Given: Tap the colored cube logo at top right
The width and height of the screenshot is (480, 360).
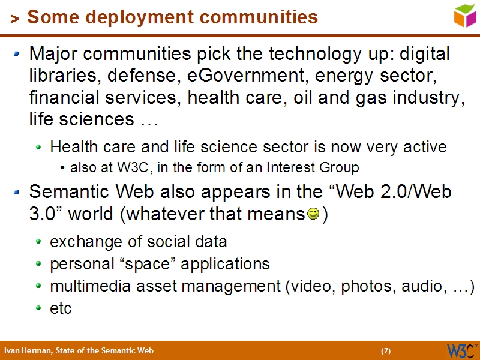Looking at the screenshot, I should tap(464, 15).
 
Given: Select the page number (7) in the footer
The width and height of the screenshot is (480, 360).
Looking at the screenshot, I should tap(386, 351).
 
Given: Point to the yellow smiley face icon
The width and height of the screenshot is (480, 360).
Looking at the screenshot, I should tap(313, 214).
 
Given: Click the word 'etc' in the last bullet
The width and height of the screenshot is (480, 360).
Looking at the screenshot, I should tap(61, 308).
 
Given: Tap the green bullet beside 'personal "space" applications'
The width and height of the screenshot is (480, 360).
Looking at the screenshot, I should tap(39, 265).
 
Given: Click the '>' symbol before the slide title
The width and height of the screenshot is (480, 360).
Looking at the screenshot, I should tap(14, 19).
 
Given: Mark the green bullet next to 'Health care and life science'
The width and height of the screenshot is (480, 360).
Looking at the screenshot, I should tap(39, 147).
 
